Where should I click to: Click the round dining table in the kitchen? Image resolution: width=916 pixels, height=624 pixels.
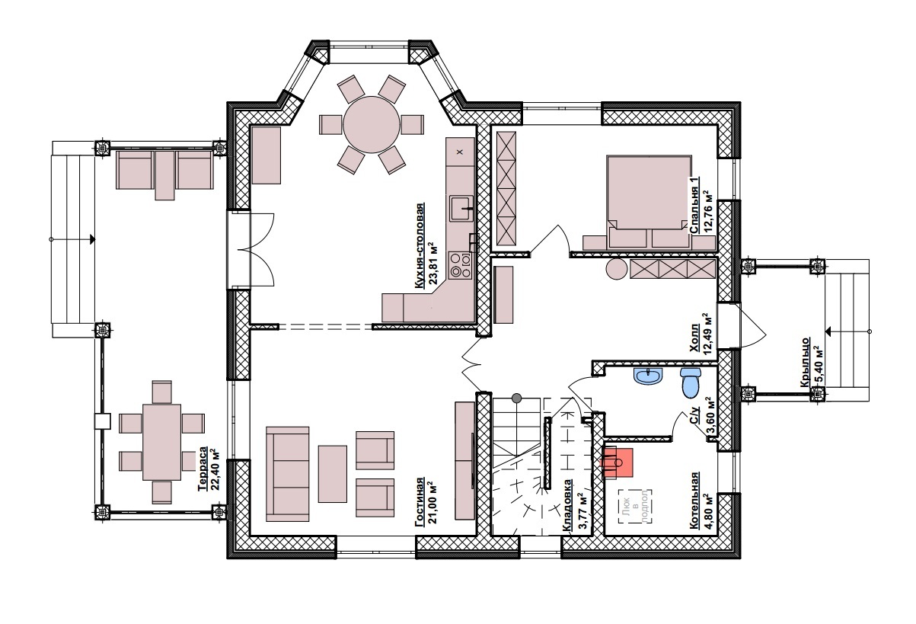click(x=372, y=124)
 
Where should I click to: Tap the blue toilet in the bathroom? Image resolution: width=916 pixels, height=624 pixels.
click(x=691, y=382)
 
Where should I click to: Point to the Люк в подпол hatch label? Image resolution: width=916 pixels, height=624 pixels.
click(x=635, y=507)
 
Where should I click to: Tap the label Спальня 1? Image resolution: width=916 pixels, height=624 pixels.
click(x=694, y=205)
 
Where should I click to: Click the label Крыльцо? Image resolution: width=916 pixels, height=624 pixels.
click(x=804, y=362)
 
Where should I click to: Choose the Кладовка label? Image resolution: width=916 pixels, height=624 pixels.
click(x=567, y=506)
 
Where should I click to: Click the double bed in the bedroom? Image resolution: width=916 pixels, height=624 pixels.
click(x=649, y=201)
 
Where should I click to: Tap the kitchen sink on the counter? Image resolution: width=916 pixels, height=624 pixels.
click(x=461, y=208)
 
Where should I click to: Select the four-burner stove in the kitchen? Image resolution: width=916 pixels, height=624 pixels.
click(x=461, y=264)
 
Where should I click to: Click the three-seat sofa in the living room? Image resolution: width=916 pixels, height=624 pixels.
click(x=288, y=474)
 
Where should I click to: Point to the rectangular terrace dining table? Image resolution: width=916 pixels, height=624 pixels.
click(x=161, y=442)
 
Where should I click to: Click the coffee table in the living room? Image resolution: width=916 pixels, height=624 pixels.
click(x=333, y=474)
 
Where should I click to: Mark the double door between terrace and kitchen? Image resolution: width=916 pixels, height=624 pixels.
click(x=251, y=249)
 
